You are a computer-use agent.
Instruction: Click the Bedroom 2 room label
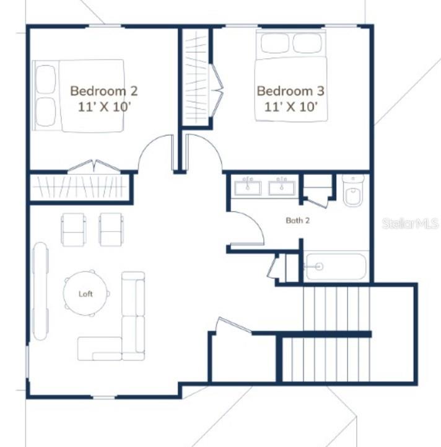103,91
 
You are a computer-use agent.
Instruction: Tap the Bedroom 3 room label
290,91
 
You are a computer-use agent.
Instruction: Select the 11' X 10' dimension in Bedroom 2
103,106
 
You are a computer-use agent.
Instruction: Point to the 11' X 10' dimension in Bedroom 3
290,106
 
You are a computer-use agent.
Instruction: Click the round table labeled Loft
85,294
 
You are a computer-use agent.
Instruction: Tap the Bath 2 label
297,220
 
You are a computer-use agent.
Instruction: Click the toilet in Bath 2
354,192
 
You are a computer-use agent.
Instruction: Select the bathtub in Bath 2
335,267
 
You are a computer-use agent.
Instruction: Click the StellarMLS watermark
409,223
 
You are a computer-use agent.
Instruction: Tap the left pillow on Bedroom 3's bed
275,43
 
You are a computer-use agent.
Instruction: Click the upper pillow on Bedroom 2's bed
45,79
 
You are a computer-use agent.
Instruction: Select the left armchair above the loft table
74,229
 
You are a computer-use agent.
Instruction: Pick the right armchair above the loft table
111,229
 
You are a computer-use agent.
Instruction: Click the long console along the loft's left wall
40,291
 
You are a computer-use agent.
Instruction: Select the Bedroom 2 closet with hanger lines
81,187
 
